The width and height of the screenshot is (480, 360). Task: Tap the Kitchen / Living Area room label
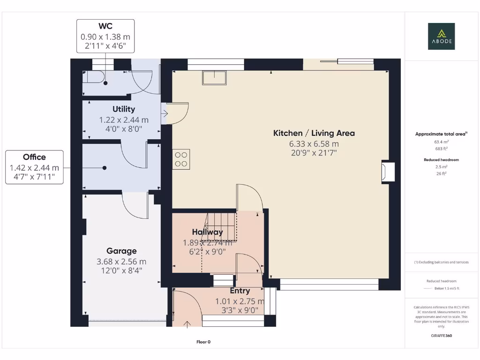(314, 133)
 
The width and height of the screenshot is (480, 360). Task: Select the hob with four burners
(181, 159)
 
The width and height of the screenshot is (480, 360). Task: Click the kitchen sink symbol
(214, 77)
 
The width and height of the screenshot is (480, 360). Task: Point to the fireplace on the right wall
(388, 172)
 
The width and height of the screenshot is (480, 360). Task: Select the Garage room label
(121, 251)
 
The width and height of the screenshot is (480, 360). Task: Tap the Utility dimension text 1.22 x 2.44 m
(124, 120)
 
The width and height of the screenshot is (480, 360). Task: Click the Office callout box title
(34, 157)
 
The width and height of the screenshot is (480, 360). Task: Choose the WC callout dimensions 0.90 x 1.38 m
(105, 37)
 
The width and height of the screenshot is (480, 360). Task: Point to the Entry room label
(240, 291)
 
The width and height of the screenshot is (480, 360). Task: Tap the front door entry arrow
(188, 323)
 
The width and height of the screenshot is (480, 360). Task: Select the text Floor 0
(203, 342)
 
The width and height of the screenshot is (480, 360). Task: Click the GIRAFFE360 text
(441, 336)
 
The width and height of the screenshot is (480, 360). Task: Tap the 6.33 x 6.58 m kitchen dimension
(314, 144)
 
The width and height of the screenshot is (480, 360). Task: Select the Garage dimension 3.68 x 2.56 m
(121, 262)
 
